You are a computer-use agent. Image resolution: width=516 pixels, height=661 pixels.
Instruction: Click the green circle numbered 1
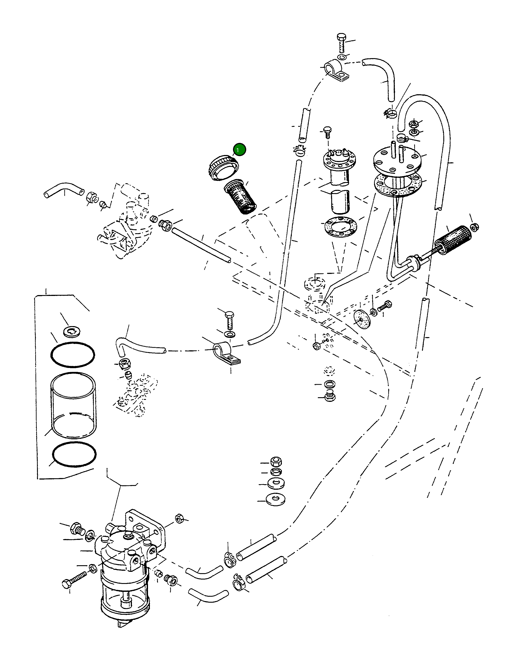(x=239, y=150)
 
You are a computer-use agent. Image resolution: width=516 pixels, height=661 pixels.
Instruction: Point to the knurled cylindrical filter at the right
(x=454, y=239)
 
